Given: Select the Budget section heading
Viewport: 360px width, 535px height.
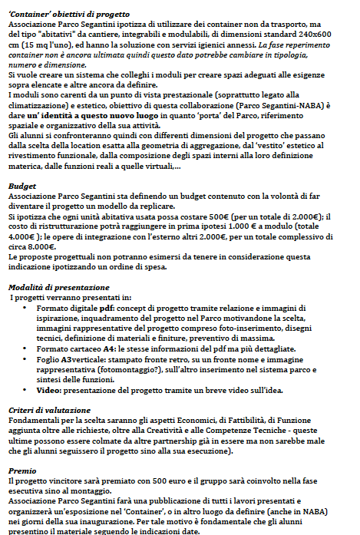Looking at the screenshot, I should [22, 186].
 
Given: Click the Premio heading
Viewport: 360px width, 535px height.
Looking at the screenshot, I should [22, 471].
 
